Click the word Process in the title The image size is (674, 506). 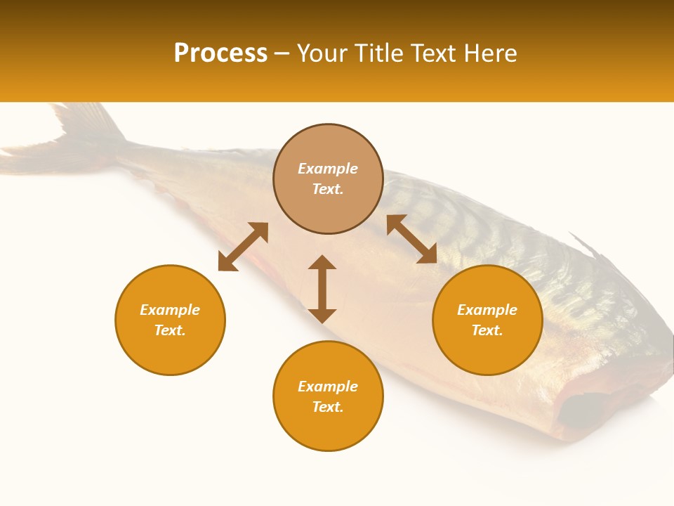(220, 53)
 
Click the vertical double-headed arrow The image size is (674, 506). (322, 289)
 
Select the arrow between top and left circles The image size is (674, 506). (243, 247)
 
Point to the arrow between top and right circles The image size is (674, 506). (411, 239)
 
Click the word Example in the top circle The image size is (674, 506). (328, 169)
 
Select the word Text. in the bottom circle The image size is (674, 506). (328, 407)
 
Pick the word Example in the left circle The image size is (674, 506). (170, 310)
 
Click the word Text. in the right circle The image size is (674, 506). (487, 330)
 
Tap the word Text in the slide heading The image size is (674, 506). (435, 53)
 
